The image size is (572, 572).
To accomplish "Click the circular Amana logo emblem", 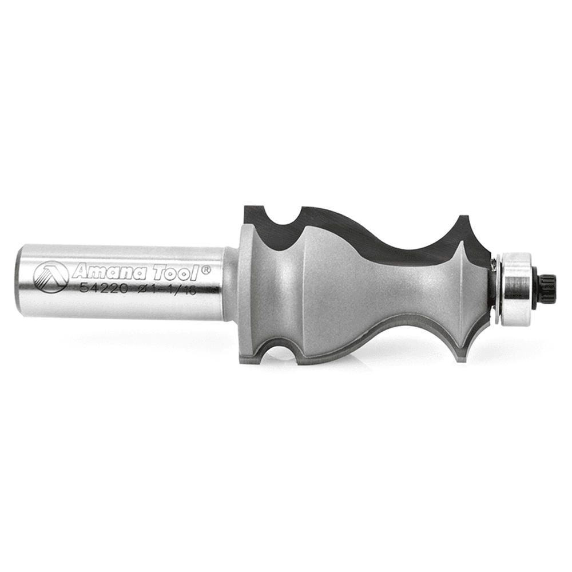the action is (x=51, y=278).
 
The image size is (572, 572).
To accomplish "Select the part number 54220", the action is (x=104, y=289).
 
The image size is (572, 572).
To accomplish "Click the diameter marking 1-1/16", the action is (x=170, y=291).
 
